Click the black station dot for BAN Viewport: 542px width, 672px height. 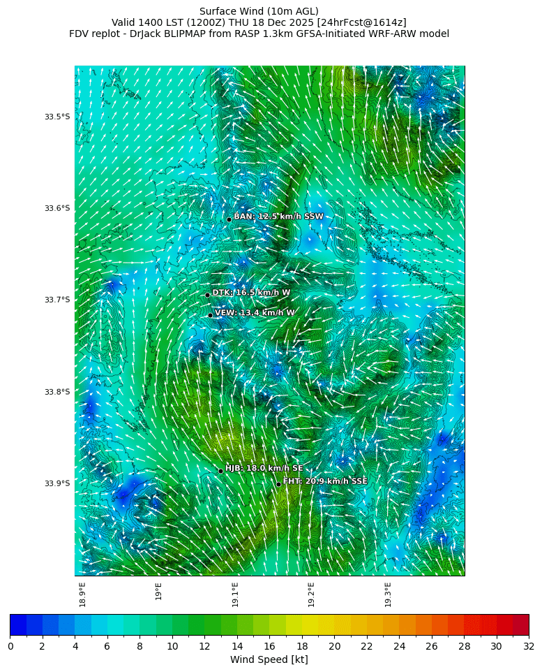point(229,219)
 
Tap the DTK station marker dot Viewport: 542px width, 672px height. point(207,295)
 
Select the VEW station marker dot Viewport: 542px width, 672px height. point(210,315)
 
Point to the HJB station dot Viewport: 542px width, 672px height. point(220,471)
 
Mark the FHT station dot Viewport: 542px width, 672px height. point(278,484)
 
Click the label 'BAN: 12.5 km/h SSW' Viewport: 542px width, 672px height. point(278,217)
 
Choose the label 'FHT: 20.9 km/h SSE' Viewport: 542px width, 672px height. point(324,481)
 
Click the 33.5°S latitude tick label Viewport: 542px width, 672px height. point(57,117)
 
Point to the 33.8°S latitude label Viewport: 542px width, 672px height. point(57,392)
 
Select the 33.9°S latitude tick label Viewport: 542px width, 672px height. point(57,483)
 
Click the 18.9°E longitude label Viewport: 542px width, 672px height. point(82,594)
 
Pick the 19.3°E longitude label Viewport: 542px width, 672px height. point(388,594)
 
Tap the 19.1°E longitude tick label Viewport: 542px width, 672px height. point(235,594)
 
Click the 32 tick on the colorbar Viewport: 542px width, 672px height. point(528,646)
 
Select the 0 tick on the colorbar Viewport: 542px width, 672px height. point(10,646)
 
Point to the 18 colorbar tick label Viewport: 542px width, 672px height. point(302,646)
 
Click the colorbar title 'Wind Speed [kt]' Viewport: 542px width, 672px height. point(269,659)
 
